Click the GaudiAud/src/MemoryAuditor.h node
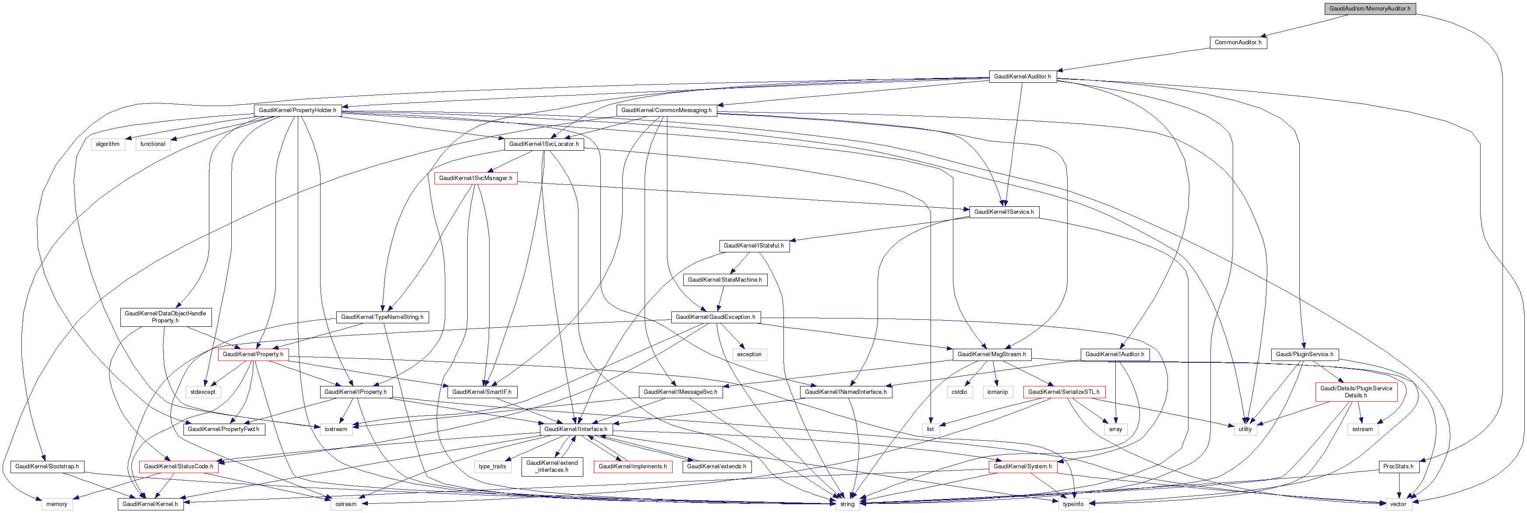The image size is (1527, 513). [x=1369, y=9]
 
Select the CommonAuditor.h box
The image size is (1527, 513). [x=1238, y=42]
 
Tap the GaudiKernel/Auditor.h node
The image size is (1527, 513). [x=1022, y=77]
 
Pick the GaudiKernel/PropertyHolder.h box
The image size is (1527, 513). [x=297, y=110]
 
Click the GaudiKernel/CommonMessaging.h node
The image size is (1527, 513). [x=667, y=110]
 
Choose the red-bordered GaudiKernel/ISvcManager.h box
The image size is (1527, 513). [x=476, y=178]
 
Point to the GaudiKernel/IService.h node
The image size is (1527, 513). [x=1004, y=212]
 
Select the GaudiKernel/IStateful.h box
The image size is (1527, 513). [x=753, y=245]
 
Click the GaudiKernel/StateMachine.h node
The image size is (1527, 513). [x=724, y=279]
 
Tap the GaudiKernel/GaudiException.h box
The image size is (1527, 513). [x=715, y=317]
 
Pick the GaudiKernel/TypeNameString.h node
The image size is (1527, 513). [x=382, y=317]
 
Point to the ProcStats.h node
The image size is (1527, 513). [x=1398, y=467]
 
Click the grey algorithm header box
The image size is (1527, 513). [x=108, y=144]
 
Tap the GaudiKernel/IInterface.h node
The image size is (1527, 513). [x=575, y=429]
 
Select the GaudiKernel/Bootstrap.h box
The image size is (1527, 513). [x=47, y=467]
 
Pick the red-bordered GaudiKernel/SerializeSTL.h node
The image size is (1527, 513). [x=1063, y=392]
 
